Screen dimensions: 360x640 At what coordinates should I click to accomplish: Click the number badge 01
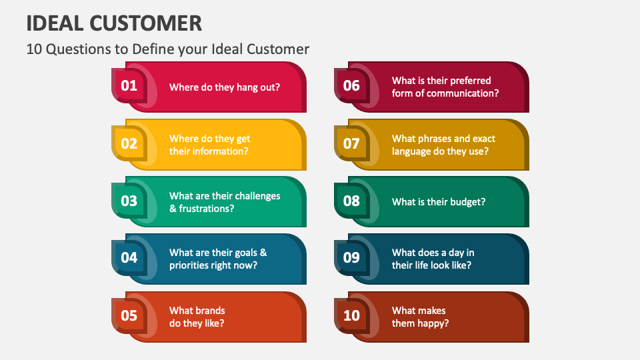tap(129, 85)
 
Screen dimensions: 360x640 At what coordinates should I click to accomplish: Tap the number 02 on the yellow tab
tap(129, 143)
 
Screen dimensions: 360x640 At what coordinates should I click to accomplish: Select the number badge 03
tap(129, 201)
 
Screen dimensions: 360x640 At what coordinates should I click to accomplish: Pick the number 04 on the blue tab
tap(129, 258)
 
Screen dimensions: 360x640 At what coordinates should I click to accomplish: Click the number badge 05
tap(129, 315)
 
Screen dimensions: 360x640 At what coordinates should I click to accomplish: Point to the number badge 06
tap(351, 85)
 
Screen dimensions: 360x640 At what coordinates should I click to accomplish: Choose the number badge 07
tap(351, 143)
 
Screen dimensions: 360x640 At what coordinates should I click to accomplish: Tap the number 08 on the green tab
tap(351, 201)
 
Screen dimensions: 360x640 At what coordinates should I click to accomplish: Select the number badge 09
tap(351, 258)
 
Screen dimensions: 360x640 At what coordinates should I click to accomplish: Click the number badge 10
tap(351, 315)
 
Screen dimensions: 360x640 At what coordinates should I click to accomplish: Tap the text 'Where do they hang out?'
tap(225, 87)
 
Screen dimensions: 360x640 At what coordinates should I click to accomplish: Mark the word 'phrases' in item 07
tap(433, 139)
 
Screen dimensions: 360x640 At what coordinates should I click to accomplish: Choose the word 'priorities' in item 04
tap(191, 265)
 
